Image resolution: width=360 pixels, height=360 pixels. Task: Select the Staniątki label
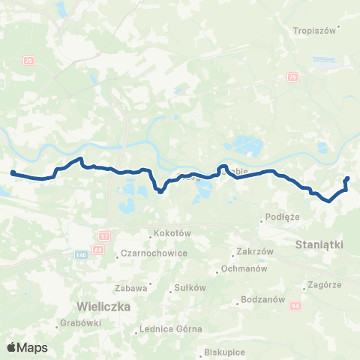(319, 244)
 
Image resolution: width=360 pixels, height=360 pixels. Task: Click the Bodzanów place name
(261, 301)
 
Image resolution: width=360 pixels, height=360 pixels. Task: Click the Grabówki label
(77, 325)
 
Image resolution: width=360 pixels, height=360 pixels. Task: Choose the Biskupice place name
(225, 352)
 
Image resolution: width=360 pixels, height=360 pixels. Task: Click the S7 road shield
(103, 235)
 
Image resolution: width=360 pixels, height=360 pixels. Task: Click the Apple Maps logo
(27, 347)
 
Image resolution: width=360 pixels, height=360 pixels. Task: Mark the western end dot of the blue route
(13, 173)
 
